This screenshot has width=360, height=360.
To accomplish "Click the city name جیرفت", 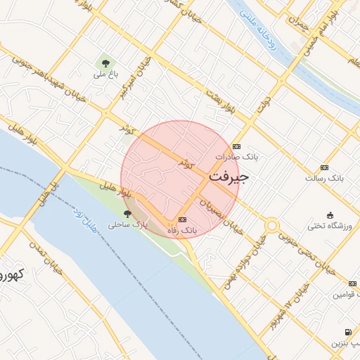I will click(x=229, y=178).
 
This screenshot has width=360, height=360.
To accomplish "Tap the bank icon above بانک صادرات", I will click(x=236, y=146).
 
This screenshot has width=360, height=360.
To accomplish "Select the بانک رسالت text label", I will click(x=323, y=178).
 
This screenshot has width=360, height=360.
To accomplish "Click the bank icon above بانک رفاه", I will click(x=183, y=219).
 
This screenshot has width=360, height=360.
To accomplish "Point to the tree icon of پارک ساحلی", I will click(x=127, y=214).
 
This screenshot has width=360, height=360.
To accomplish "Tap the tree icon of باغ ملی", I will click(x=105, y=62).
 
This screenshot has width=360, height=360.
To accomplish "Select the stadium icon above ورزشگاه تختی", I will click(x=330, y=214).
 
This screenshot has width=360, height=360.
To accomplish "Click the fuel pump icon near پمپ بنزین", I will click(x=347, y=332).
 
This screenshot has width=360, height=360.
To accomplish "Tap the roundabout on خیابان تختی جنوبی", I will click(x=271, y=226).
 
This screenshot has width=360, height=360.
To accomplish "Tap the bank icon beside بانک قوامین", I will click(x=353, y=283).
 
